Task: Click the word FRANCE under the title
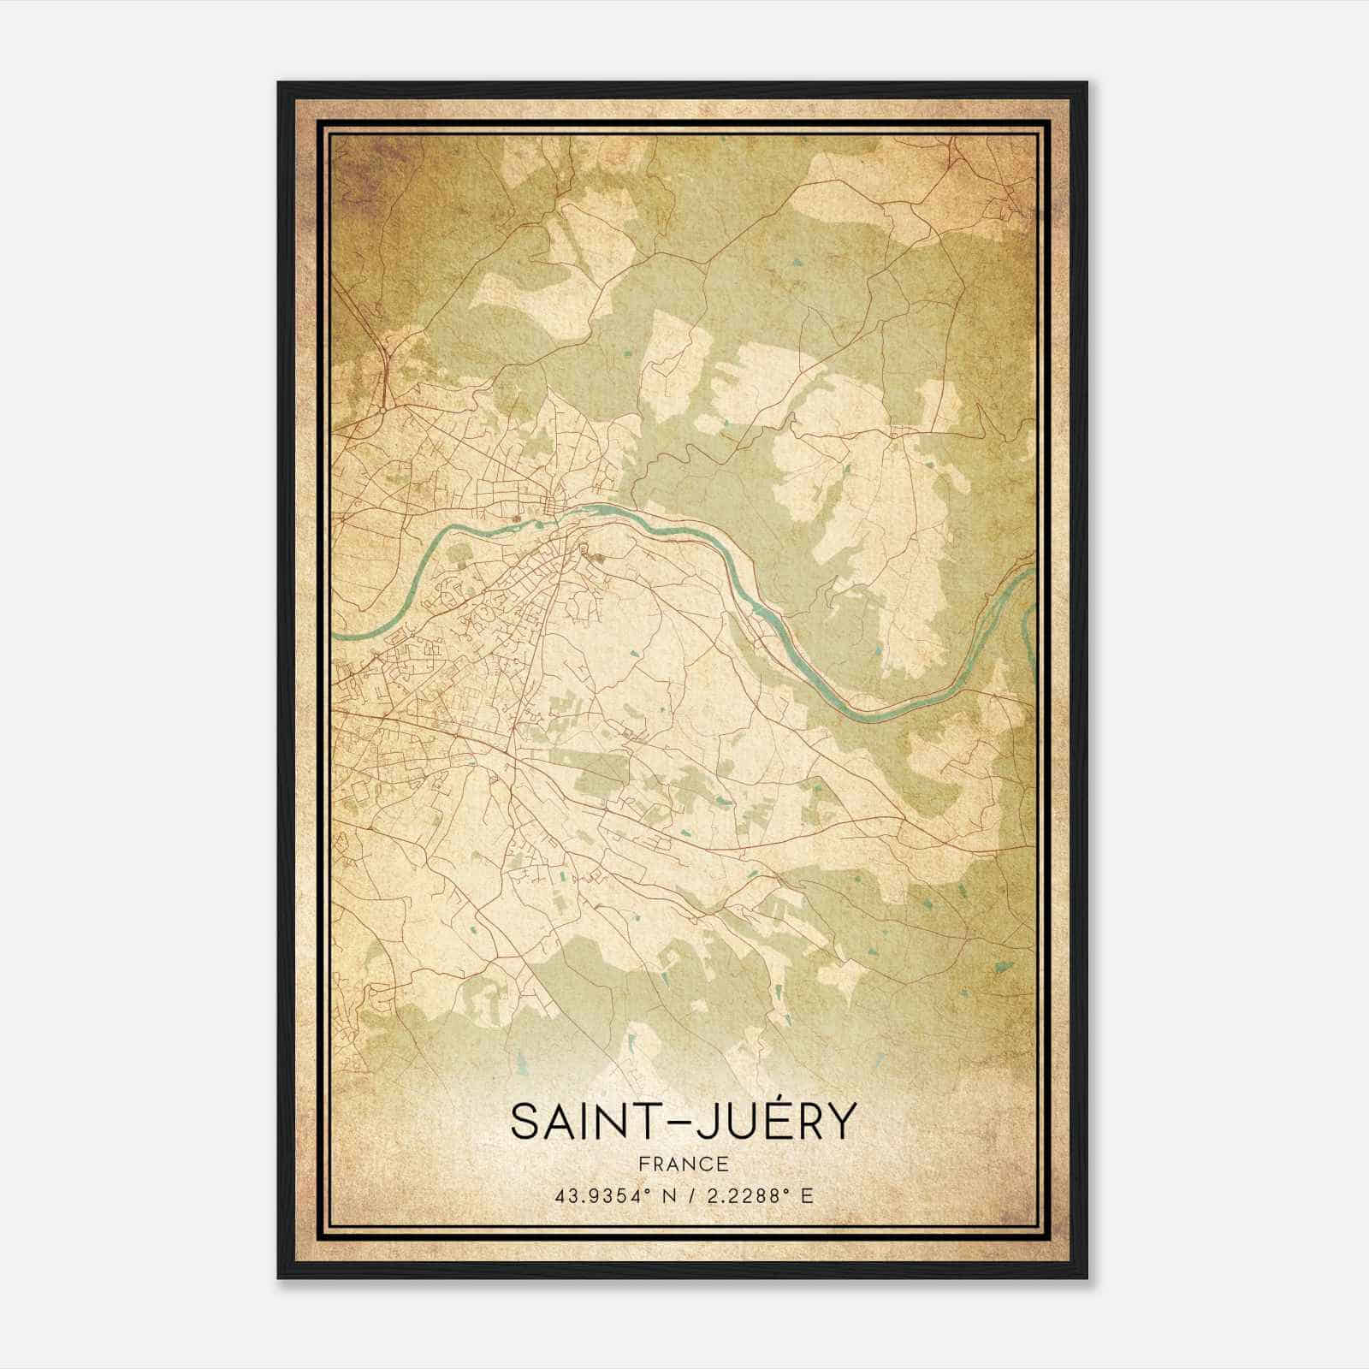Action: (x=683, y=1165)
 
